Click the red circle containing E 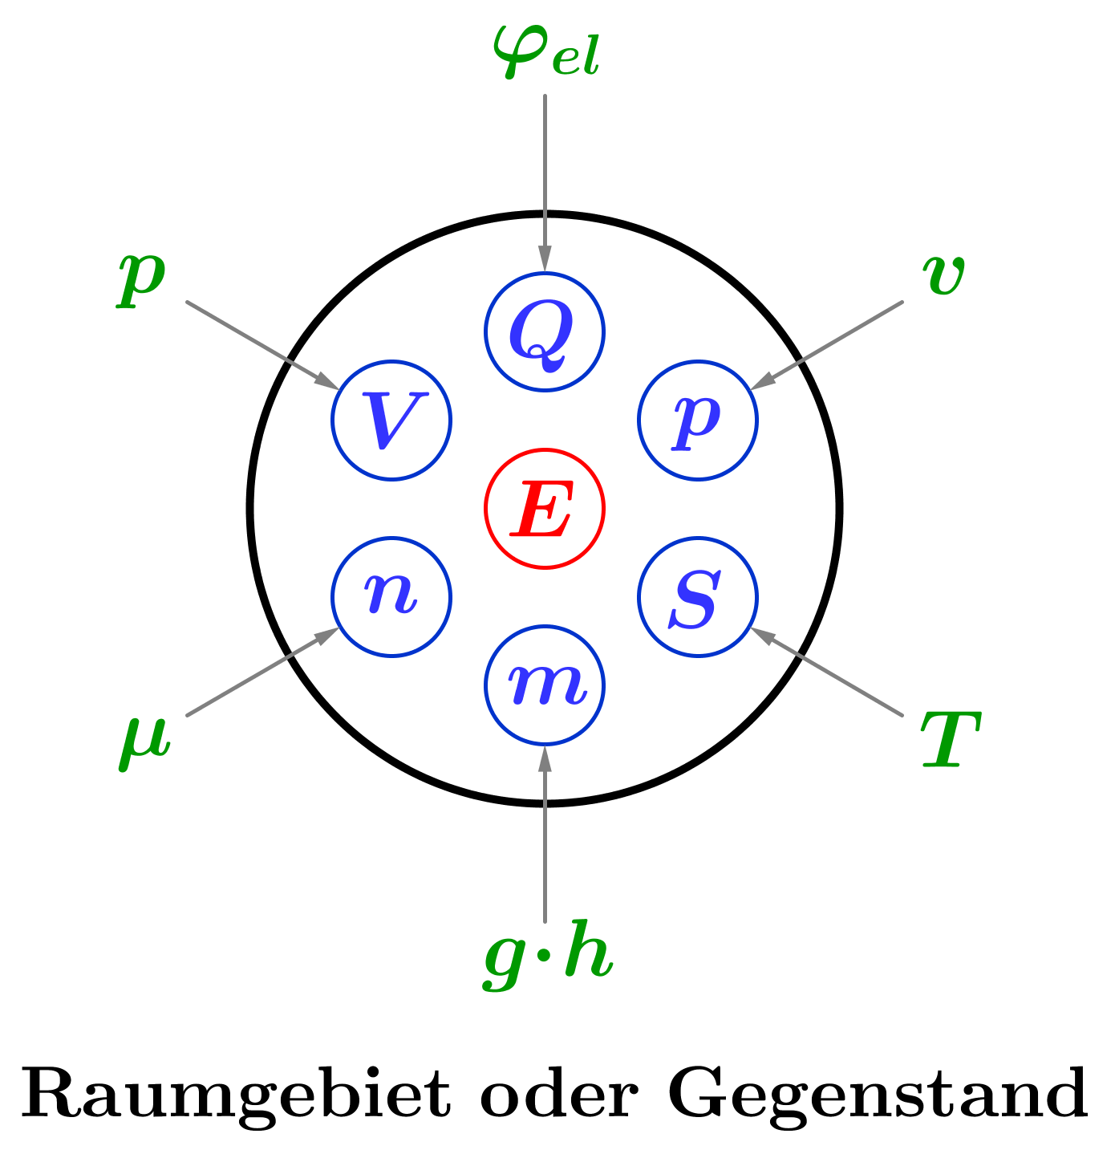click(544, 509)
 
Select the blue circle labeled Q click(544, 331)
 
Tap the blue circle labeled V click(391, 420)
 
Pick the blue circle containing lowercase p click(698, 420)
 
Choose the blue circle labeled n click(391, 597)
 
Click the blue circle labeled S click(698, 597)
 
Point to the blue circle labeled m click(544, 685)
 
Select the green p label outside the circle click(142, 276)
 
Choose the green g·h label click(549, 957)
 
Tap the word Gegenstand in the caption click(878, 1095)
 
